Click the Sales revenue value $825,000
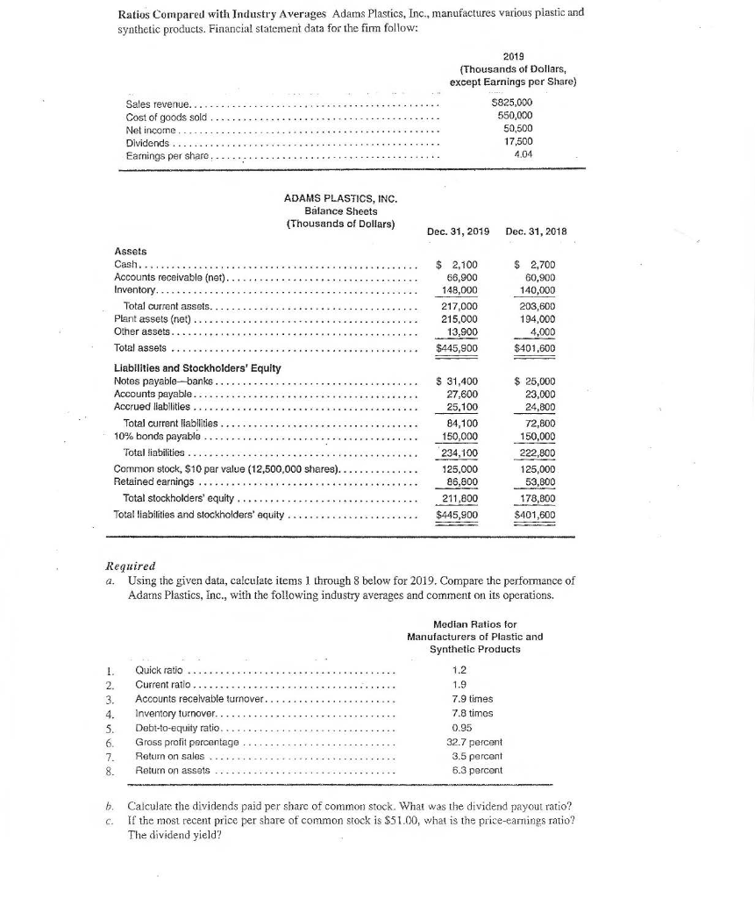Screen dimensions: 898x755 click(x=514, y=103)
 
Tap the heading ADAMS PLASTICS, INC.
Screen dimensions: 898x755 click(x=341, y=199)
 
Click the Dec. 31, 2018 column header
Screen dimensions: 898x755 click(x=537, y=232)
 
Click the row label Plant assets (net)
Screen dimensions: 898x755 click(x=153, y=319)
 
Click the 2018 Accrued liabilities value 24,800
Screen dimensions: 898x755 click(x=538, y=406)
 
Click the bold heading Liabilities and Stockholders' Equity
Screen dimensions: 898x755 click(x=197, y=368)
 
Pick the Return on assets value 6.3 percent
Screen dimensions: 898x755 click(x=474, y=771)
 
